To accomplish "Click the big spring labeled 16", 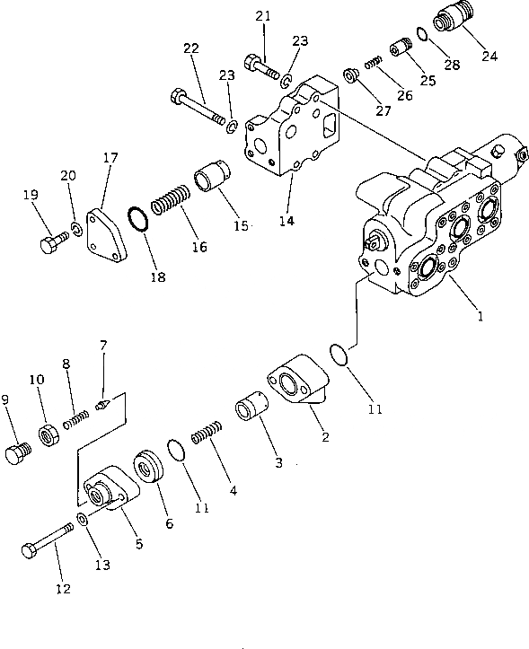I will click(x=169, y=202).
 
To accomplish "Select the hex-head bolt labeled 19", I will click(x=51, y=242).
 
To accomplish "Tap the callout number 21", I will click(x=262, y=15).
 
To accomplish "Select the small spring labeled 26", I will click(x=373, y=64).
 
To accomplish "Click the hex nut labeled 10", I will click(x=48, y=439).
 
